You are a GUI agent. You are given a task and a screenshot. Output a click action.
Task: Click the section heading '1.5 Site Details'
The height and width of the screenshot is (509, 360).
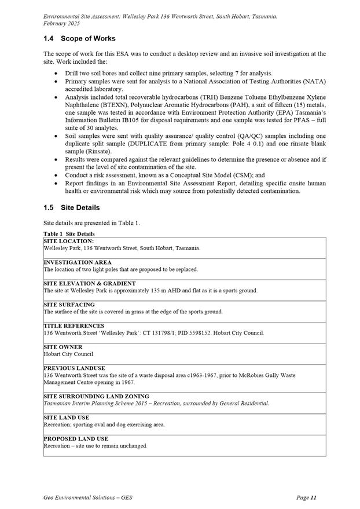pyautogui.click(x=71, y=207)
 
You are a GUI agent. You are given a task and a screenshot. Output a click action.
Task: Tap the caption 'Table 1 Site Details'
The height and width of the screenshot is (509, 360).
pyautogui.click(x=69, y=233)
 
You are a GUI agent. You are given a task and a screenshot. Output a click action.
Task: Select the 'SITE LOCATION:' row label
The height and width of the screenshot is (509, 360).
pyautogui.click(x=68, y=240)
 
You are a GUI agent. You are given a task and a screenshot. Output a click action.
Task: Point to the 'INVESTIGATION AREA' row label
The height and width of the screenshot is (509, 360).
pyautogui.click(x=78, y=262)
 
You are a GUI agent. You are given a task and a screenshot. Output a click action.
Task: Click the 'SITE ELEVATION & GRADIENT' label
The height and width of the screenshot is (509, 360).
pyautogui.click(x=90, y=284)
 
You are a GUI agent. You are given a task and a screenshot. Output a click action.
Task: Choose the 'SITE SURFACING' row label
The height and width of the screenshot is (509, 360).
pyautogui.click(x=69, y=305)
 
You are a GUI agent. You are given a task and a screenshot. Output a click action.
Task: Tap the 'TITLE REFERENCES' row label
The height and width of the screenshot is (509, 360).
pyautogui.click(x=74, y=326)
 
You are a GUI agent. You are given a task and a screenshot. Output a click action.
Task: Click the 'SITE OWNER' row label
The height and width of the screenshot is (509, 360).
pyautogui.click(x=63, y=347)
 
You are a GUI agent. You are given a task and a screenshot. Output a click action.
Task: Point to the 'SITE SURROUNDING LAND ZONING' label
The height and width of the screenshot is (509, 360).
pyautogui.click(x=96, y=397)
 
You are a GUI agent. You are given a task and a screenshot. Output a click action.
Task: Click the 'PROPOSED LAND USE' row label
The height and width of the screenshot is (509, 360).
pyautogui.click(x=76, y=439)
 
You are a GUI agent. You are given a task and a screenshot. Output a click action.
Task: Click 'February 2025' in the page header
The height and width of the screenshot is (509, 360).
pyautogui.click(x=62, y=24)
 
